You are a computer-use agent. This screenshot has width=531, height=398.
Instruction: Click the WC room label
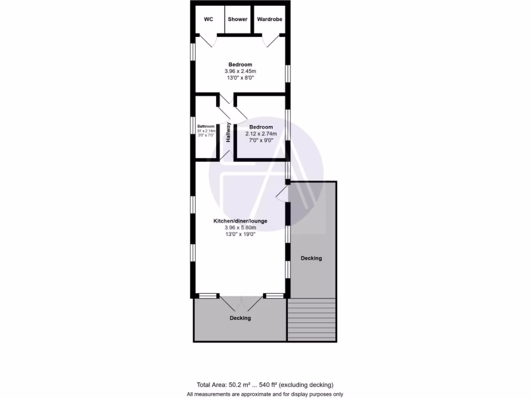pos(208,19)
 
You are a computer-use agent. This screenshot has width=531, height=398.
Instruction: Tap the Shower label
pos(238,19)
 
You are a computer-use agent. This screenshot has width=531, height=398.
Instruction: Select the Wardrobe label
pos(270,19)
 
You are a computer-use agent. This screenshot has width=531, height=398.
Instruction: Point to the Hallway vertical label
pos(228,132)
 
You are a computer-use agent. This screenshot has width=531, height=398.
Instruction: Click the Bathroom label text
pos(206,126)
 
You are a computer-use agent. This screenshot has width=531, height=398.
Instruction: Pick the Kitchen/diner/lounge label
pos(241,221)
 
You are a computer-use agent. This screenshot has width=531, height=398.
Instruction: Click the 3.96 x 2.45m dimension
pos(241,71)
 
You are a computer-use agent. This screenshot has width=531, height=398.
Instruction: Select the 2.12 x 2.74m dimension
pos(261,134)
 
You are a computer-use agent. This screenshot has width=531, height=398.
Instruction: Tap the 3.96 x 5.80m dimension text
pos(241,227)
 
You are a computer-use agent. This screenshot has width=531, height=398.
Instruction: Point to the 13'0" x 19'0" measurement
pos(241,234)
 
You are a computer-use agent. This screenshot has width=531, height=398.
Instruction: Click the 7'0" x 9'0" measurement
pos(261,140)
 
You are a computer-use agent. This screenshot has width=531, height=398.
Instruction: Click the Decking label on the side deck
pos(311,258)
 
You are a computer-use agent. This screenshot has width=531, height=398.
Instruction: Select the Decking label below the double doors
pos(240,318)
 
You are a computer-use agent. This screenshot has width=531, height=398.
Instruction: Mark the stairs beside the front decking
pos(312,320)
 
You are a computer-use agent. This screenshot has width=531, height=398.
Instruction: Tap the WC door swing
pos(205,40)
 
